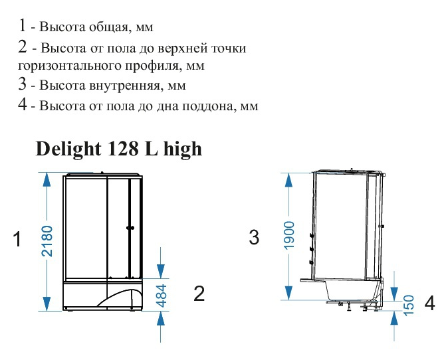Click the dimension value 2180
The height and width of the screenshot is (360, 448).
[47, 241]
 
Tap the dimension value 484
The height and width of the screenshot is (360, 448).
[162, 296]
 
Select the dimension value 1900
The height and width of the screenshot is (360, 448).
[289, 235]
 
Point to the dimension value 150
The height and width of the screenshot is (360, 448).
[409, 306]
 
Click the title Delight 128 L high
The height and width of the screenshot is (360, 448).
[119, 149]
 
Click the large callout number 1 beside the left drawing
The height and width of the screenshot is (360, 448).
[17, 239]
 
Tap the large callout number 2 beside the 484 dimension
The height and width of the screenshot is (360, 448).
[199, 293]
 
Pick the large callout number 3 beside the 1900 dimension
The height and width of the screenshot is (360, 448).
[254, 237]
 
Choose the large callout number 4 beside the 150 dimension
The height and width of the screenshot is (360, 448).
[429, 303]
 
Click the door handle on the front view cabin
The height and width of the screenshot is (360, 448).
[130, 228]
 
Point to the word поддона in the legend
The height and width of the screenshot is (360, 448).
[210, 106]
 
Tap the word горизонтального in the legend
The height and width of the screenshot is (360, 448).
[70, 66]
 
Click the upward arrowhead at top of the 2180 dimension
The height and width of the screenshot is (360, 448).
[47, 180]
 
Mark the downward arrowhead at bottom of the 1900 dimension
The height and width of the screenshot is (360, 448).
[288, 293]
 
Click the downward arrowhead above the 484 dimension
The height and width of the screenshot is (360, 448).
[161, 271]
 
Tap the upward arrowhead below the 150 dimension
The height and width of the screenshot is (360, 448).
[394, 318]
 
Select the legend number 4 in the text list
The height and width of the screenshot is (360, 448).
[23, 104]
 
